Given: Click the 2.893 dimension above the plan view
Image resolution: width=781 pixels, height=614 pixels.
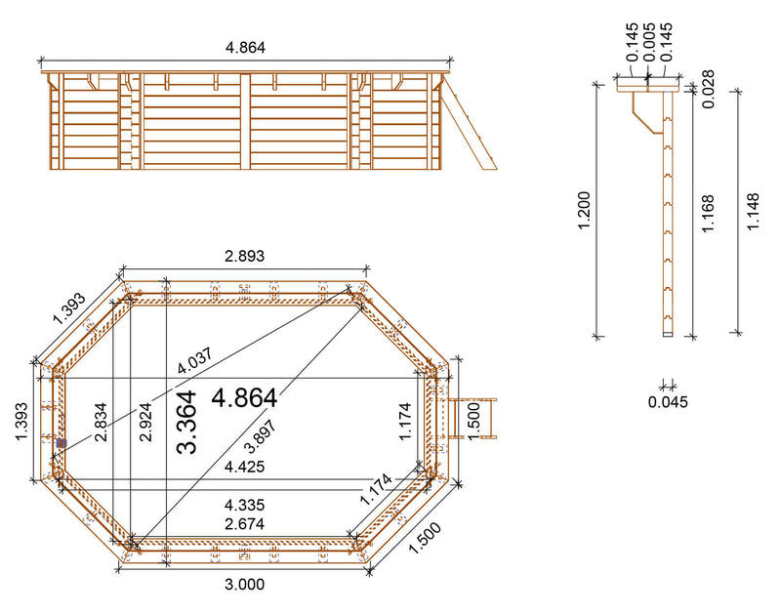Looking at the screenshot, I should [245, 256].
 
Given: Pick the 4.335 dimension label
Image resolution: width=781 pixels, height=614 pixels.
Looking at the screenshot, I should [244, 506].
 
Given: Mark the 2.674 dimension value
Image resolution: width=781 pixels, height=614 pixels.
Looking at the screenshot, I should [244, 524].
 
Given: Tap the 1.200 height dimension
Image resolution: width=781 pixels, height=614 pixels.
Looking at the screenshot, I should [583, 211].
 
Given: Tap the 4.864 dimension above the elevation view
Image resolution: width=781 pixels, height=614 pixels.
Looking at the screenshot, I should [245, 47].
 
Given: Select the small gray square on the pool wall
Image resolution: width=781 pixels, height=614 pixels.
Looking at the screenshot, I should [62, 443].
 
